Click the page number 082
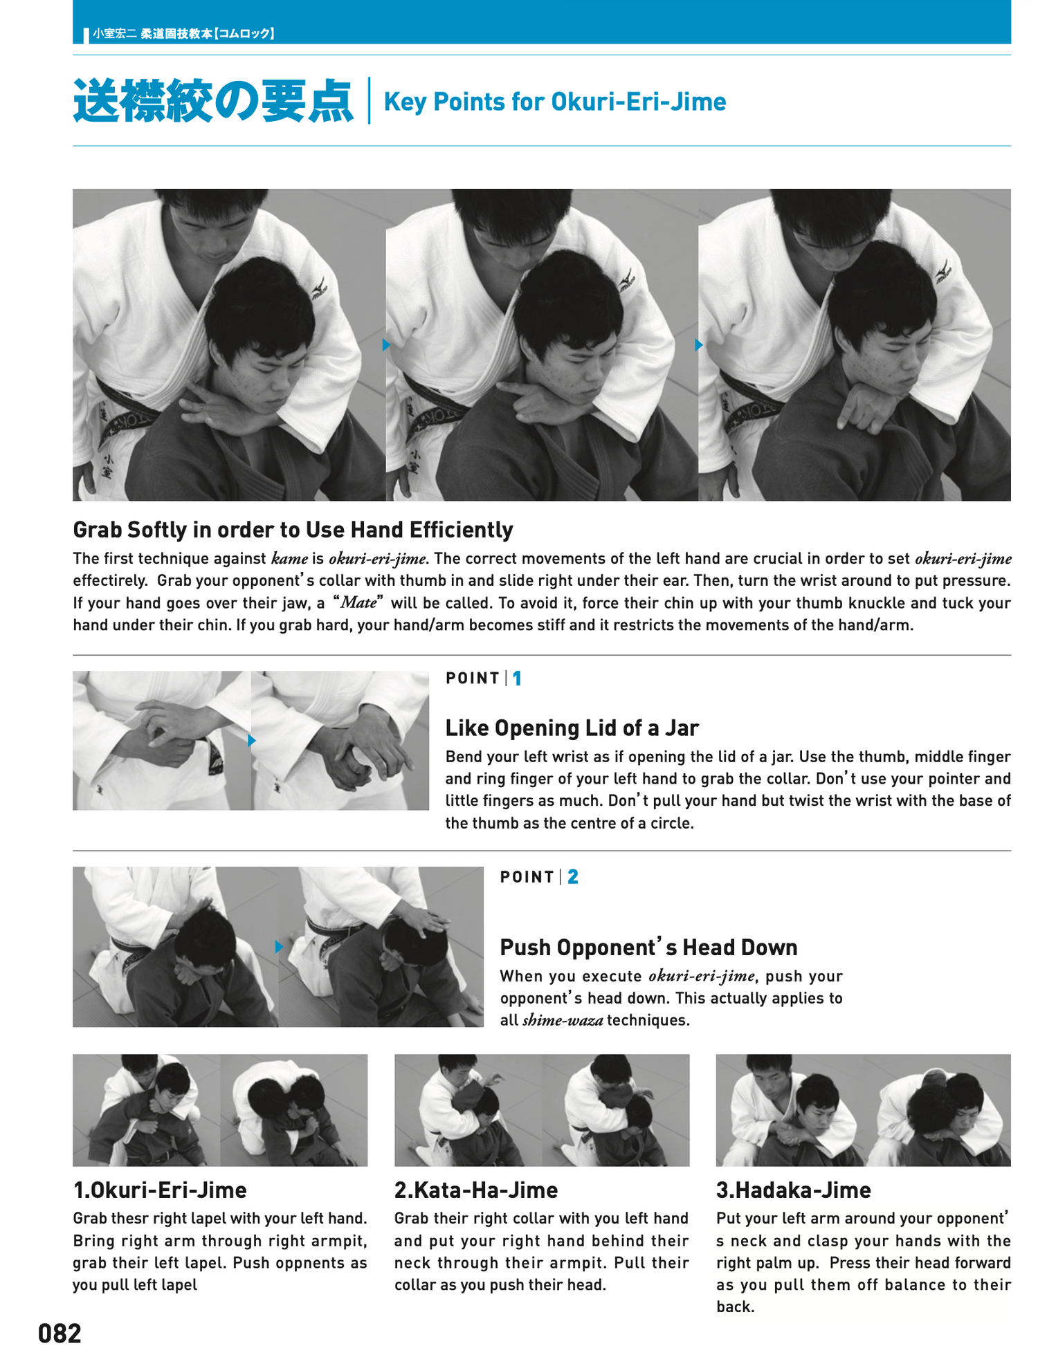point(60,1333)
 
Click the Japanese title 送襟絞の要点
point(213,102)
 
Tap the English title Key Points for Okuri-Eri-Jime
point(554,102)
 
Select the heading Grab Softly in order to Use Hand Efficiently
point(293,530)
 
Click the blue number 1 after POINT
point(517,679)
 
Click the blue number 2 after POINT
point(572,877)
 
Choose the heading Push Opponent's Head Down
point(648,947)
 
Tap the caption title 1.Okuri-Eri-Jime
point(160,1190)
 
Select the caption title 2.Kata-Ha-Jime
point(476,1190)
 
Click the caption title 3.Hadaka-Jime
point(794,1190)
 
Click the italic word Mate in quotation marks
point(358,602)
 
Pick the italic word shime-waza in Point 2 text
point(562,1020)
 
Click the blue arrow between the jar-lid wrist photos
point(252,740)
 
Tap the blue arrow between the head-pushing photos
point(279,947)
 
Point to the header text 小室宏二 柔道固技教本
point(183,33)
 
